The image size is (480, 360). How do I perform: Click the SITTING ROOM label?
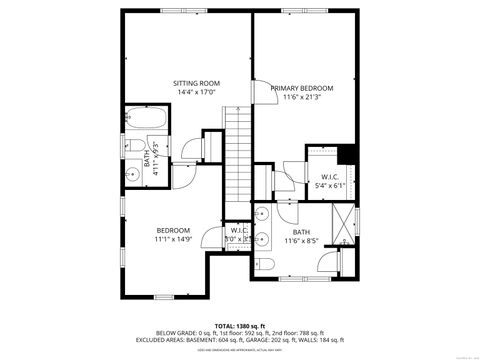[x=196, y=83]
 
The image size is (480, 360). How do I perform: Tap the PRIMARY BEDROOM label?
[x=302, y=88]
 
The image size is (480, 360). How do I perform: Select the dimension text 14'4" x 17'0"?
[x=196, y=92]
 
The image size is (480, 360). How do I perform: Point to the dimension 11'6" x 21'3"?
[x=302, y=97]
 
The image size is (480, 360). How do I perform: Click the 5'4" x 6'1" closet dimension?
[x=332, y=185]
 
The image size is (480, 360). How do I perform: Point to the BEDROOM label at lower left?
[x=172, y=230]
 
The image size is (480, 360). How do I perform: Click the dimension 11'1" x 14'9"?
[x=172, y=239]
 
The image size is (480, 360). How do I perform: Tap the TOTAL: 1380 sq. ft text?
[x=239, y=325]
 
